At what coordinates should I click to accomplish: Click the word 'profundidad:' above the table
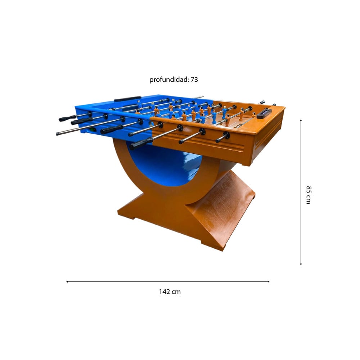[x=169, y=80]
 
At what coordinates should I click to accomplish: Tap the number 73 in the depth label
[x=194, y=80]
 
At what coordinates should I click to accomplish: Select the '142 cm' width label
[x=170, y=292]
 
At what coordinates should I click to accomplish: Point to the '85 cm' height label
[x=309, y=195]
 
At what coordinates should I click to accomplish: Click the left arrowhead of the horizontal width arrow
[x=67, y=282]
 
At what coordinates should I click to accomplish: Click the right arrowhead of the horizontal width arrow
[x=268, y=282]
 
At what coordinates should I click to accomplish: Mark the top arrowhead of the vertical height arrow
[x=301, y=120]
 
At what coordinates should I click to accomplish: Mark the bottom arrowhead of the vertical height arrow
[x=301, y=264]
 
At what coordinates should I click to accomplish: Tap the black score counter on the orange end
[x=264, y=113]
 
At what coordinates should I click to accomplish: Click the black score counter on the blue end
[x=127, y=99]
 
